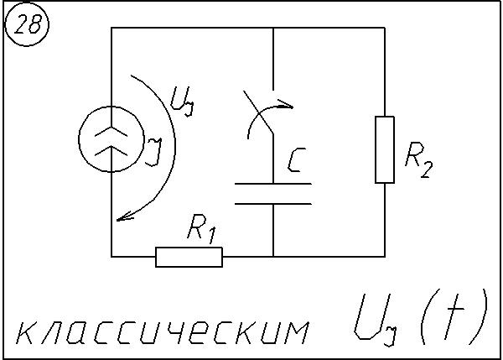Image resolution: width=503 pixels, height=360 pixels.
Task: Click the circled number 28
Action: point(28,25)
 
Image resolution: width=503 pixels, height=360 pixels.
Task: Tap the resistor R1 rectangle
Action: point(189,256)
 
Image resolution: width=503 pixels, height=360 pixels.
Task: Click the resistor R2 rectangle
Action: point(384,149)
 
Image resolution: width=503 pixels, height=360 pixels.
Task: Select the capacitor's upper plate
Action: point(273,183)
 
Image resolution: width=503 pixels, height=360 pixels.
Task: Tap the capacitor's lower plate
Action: point(273,202)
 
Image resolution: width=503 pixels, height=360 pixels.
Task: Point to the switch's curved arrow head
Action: point(288,107)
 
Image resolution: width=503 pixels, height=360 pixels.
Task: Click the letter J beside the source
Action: point(153,151)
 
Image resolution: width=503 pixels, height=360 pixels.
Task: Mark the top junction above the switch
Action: point(273,28)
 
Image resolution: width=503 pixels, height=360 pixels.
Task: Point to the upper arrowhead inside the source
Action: point(111,127)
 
